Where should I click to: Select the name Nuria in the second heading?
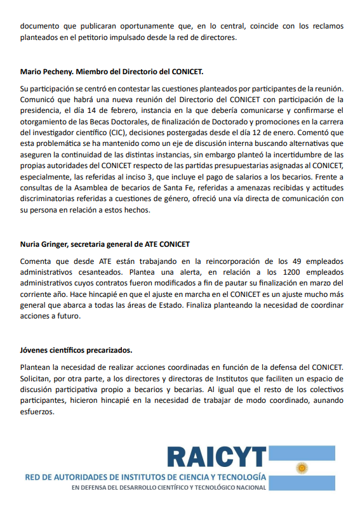point(31,244)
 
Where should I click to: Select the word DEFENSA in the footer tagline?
point(96,487)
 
